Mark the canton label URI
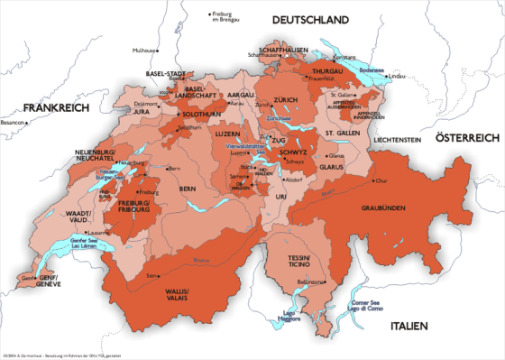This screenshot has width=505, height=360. (281, 196)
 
